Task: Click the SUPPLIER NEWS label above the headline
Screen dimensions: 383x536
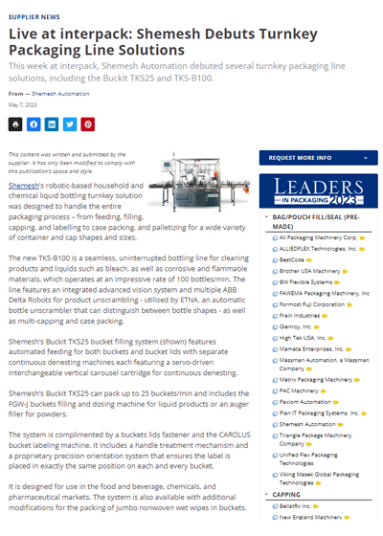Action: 34,16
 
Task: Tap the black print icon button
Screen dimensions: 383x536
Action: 14,124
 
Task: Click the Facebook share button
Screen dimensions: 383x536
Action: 33,124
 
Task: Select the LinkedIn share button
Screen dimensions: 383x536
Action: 51,124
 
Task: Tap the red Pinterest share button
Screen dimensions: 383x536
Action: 87,124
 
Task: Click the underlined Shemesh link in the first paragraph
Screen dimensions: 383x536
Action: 24,184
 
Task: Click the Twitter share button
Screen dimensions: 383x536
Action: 69,124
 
